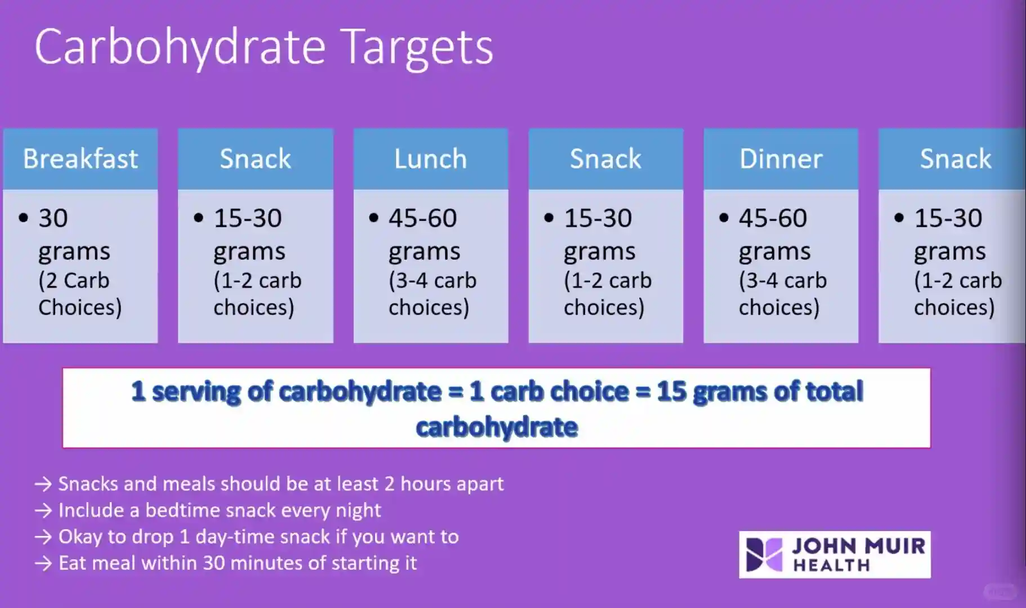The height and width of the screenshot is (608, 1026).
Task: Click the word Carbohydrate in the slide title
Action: click(x=180, y=48)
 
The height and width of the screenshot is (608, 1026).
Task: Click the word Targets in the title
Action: click(x=417, y=48)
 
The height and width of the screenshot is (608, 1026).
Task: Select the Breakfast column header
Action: click(x=81, y=159)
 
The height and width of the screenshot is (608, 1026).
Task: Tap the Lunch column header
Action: click(x=431, y=159)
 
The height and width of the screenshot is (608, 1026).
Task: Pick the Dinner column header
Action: click(x=781, y=159)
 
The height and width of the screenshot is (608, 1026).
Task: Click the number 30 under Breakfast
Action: click(x=53, y=218)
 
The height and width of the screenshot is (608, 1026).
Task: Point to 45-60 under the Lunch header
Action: click(x=423, y=218)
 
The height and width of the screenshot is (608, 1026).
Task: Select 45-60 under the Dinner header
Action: click(x=773, y=218)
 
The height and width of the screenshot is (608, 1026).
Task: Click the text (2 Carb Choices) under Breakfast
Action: click(x=80, y=294)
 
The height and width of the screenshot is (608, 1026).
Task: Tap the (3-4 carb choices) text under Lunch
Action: click(x=432, y=294)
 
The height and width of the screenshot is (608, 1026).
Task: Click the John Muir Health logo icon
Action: click(x=764, y=555)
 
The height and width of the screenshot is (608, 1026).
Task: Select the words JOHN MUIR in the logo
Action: click(x=859, y=546)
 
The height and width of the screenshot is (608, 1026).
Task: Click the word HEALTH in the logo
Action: click(x=832, y=565)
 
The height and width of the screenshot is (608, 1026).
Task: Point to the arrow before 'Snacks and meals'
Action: click(x=43, y=484)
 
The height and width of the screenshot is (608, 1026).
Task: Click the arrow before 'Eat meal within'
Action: click(x=43, y=564)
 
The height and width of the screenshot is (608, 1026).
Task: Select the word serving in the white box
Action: click(x=196, y=392)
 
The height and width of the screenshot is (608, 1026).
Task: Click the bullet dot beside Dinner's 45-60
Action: click(x=724, y=218)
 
